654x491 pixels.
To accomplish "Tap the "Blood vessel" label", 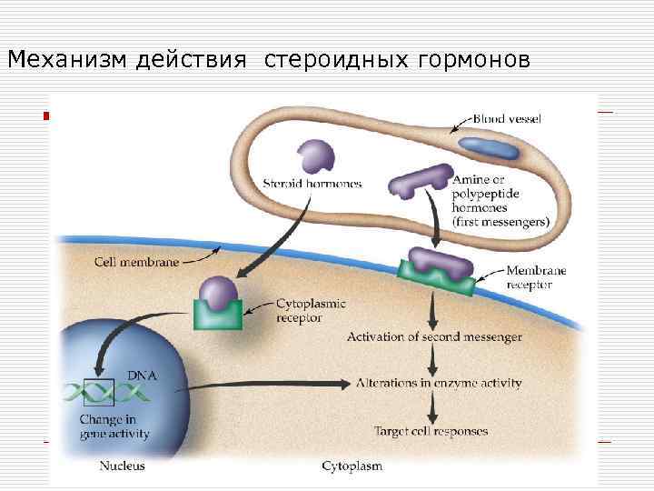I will click(x=508, y=119).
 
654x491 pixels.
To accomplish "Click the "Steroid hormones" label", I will click(x=312, y=184).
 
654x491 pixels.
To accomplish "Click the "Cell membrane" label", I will click(x=135, y=260).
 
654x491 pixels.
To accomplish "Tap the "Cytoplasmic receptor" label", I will click(x=311, y=311).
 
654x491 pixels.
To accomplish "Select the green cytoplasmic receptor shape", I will click(x=218, y=313).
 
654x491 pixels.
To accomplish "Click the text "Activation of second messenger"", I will click(x=434, y=337).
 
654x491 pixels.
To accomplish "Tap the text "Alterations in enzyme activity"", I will click(x=440, y=383).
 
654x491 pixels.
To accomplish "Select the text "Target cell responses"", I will click(x=431, y=430).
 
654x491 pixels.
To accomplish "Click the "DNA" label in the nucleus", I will click(x=140, y=375).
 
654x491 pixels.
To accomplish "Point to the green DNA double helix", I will click(x=105, y=393).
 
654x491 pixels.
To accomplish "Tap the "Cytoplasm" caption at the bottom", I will click(x=352, y=466).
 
